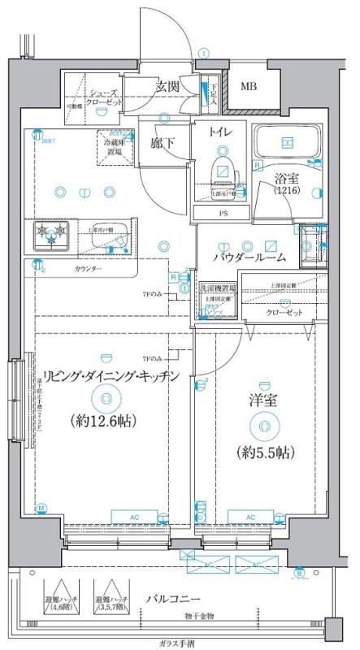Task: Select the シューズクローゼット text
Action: coord(106,98)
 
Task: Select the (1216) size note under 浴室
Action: coord(284,190)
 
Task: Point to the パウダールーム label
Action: coord(249,257)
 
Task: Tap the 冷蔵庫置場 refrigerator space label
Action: coord(113,146)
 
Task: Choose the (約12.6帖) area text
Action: coord(104,421)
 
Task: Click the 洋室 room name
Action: coord(266,401)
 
